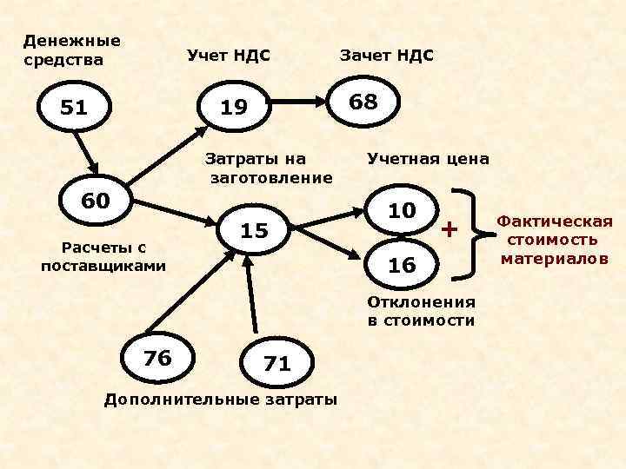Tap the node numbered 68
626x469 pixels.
pos(363,102)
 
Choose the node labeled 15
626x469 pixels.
pos(253,230)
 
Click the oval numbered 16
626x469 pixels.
pos(402,266)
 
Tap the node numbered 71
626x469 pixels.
pos(276,364)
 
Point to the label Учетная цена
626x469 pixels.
pos(428,160)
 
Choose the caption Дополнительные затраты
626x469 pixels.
pos(220,400)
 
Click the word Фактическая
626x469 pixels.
pos(555,222)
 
